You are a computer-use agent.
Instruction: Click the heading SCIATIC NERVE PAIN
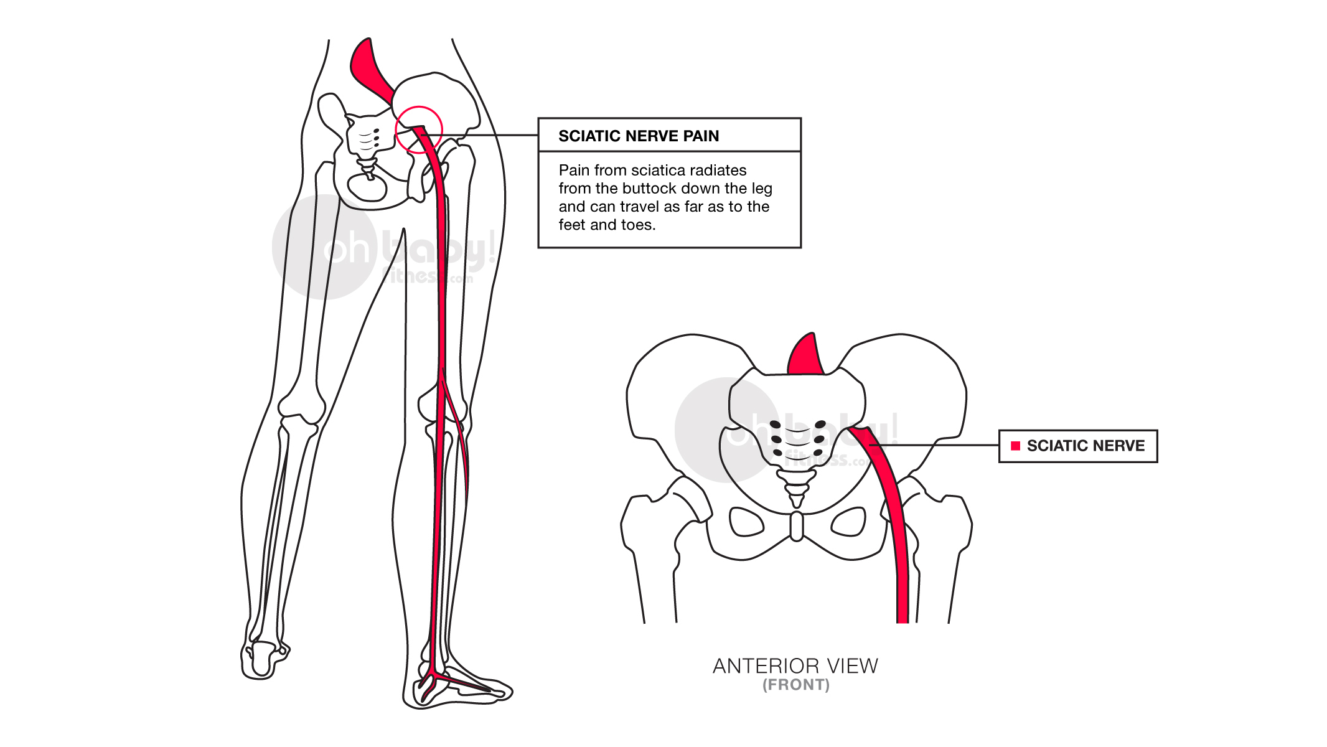tap(639, 136)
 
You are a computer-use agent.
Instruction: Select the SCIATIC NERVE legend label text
tap(1086, 446)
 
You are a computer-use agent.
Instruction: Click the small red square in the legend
tap(1015, 446)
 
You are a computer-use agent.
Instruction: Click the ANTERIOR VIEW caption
tap(795, 666)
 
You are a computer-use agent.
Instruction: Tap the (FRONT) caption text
tap(796, 685)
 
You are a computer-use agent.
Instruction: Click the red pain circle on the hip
tap(419, 107)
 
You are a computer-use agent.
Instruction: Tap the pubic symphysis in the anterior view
tap(797, 527)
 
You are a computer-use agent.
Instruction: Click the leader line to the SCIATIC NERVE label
tap(934, 445)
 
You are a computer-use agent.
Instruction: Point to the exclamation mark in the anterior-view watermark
tap(894, 428)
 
